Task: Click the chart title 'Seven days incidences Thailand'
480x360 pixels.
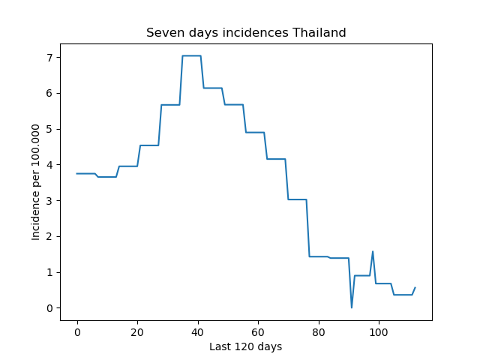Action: click(246, 32)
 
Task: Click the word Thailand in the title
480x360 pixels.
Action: click(319, 32)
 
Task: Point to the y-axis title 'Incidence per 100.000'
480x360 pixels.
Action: click(35, 182)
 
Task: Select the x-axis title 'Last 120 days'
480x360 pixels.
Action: click(245, 346)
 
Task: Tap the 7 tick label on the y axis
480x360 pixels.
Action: click(49, 58)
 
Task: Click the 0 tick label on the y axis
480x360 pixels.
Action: click(49, 308)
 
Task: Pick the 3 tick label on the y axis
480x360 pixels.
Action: click(49, 200)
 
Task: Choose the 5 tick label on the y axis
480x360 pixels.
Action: click(49, 129)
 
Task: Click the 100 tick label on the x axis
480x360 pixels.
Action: click(379, 332)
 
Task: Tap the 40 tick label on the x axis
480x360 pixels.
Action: click(197, 332)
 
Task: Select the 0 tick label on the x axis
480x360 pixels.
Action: click(77, 332)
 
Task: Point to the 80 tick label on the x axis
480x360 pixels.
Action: click(318, 332)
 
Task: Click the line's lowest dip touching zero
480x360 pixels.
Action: click(352, 307)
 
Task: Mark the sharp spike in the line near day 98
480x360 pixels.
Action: click(373, 252)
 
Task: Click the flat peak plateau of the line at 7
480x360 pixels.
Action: click(192, 55)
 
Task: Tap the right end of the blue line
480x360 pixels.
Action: click(415, 287)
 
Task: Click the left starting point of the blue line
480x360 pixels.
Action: click(76, 173)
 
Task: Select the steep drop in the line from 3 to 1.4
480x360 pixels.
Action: click(308, 228)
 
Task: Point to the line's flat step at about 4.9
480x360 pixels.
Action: click(255, 133)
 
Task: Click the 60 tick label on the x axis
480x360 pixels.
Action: click(258, 332)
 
